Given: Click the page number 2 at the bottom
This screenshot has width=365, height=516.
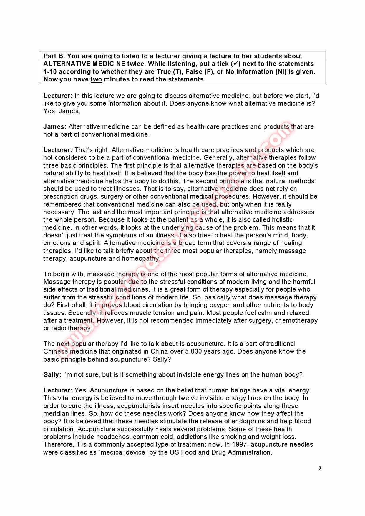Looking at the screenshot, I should pyautogui.click(x=320, y=468).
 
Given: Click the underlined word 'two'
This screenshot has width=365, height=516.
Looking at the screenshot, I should pyautogui.click(x=96, y=79).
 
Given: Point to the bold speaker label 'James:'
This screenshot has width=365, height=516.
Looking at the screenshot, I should pyautogui.click(x=55, y=127).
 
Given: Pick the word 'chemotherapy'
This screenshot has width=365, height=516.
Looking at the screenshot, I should pyautogui.click(x=296, y=321).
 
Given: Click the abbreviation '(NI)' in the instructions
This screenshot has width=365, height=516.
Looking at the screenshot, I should pyautogui.click(x=280, y=72).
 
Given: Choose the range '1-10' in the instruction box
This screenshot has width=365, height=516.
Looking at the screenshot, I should pyautogui.click(x=50, y=72).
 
